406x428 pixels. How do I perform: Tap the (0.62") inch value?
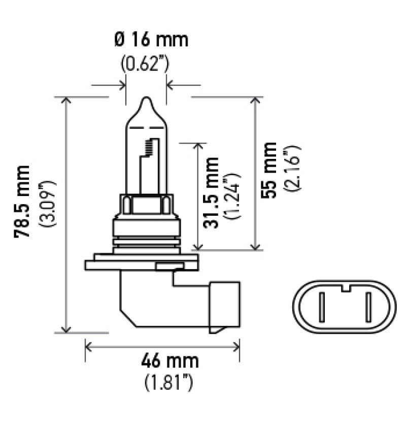tap(145, 64)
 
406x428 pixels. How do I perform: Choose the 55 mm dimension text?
tap(270, 170)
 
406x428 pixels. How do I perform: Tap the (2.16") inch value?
tap(293, 170)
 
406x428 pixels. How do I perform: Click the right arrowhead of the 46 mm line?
tap(236, 347)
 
